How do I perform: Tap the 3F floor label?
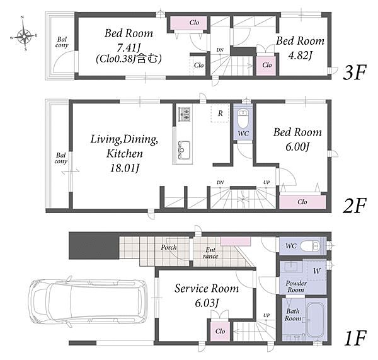(354, 72)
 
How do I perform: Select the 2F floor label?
(354, 206)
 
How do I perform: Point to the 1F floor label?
(355, 338)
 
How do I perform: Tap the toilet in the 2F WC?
(243, 119)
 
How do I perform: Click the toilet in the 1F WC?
(310, 246)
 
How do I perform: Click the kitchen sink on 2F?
(184, 150)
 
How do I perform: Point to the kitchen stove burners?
(184, 114)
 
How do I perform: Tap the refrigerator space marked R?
(220, 113)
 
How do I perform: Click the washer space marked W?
(317, 270)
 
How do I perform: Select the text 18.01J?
(125, 168)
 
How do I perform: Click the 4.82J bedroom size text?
(300, 55)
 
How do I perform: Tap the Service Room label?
(207, 288)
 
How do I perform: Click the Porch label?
(169, 247)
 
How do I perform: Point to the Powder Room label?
(296, 286)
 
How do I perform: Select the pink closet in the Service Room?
(220, 331)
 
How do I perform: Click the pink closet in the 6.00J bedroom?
(302, 202)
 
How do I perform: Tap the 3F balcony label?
(62, 42)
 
